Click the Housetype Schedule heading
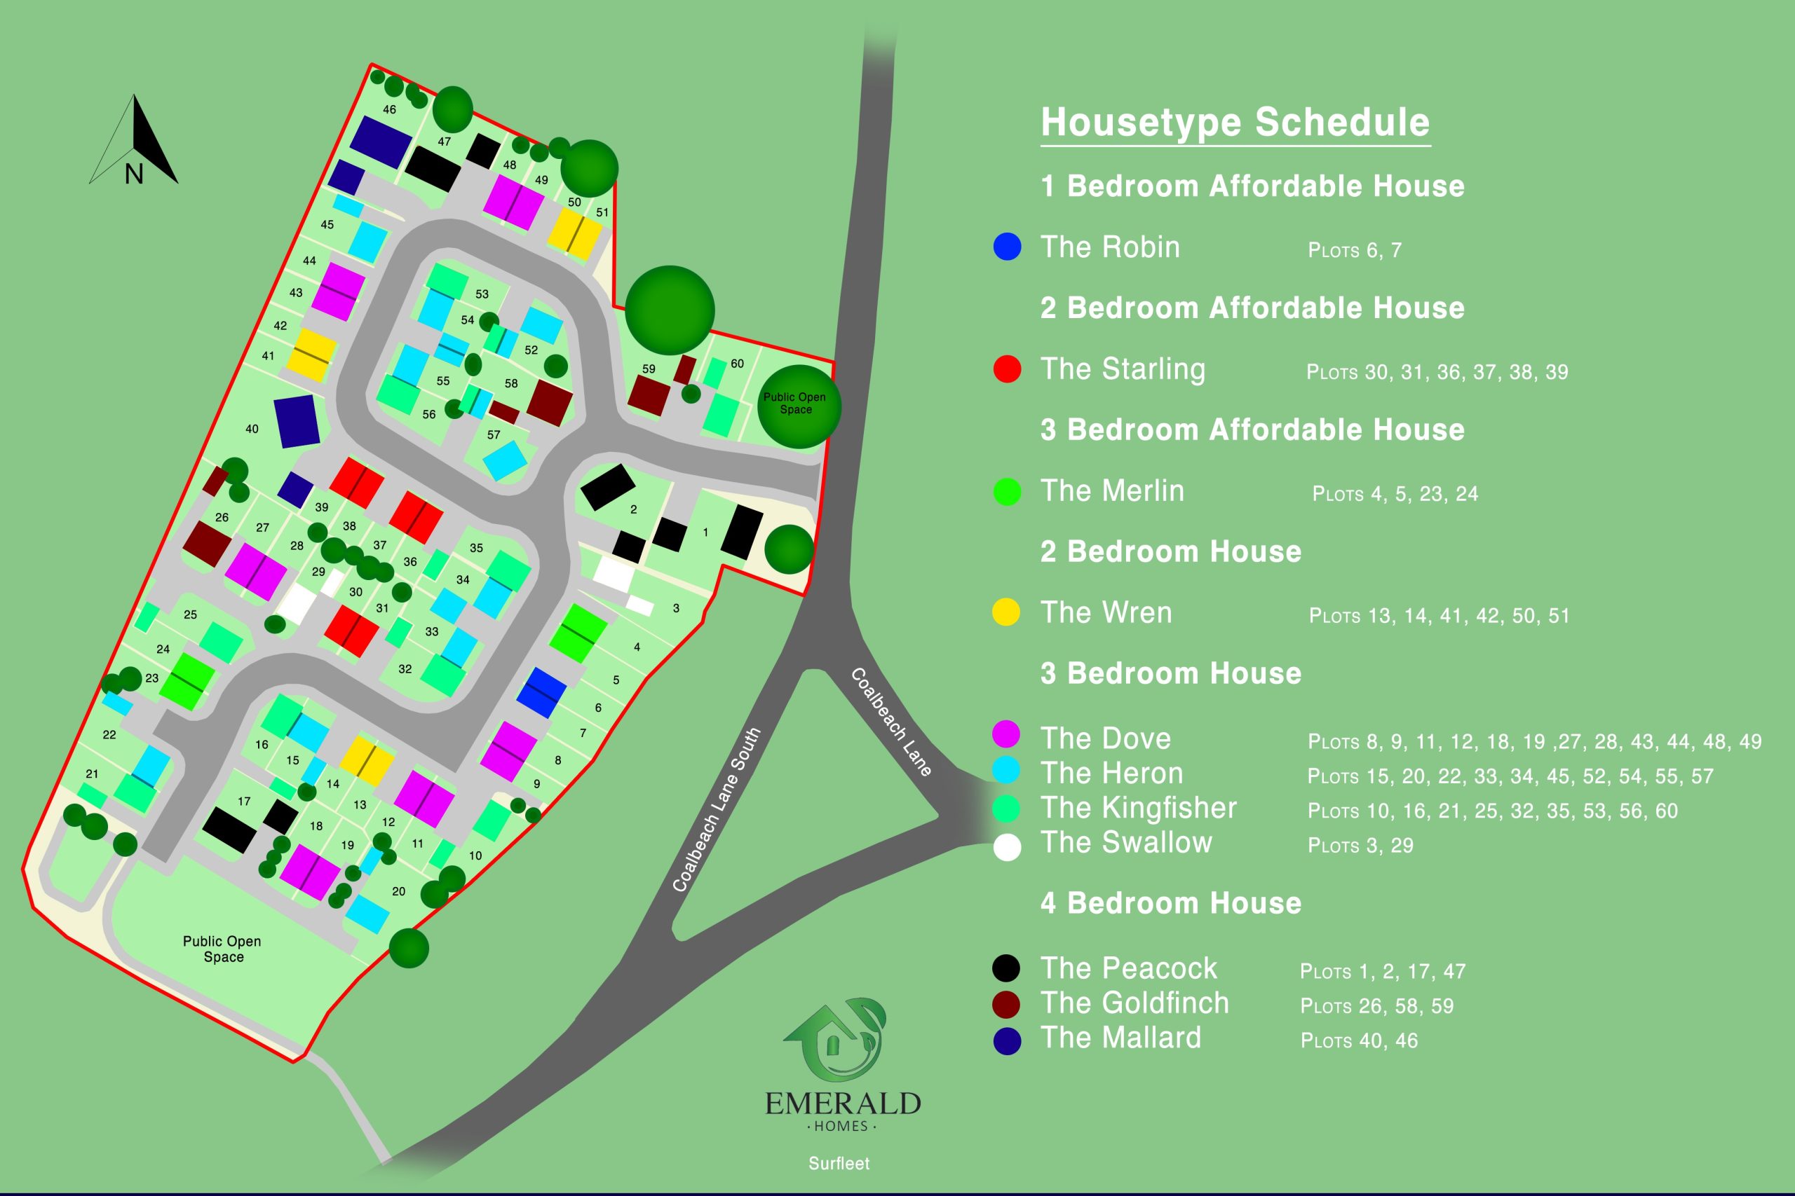[x=1235, y=122]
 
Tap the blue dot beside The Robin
[x=1007, y=247]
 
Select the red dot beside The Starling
[x=1007, y=369]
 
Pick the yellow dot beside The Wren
[x=1006, y=612]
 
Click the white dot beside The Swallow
[x=1007, y=847]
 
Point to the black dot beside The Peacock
[x=1006, y=968]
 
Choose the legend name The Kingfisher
[x=1138, y=808]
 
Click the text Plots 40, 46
[x=1358, y=1040]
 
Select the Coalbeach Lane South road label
[x=716, y=809]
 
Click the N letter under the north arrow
[x=135, y=174]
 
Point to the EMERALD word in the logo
[x=843, y=1104]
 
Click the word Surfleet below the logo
[x=839, y=1163]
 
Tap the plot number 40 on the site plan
[x=252, y=429]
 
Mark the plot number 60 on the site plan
[x=736, y=363]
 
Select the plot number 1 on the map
[x=705, y=532]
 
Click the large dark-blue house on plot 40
[x=297, y=420]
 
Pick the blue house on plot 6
[x=541, y=692]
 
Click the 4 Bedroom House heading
[x=1170, y=903]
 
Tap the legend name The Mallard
[x=1120, y=1038]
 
